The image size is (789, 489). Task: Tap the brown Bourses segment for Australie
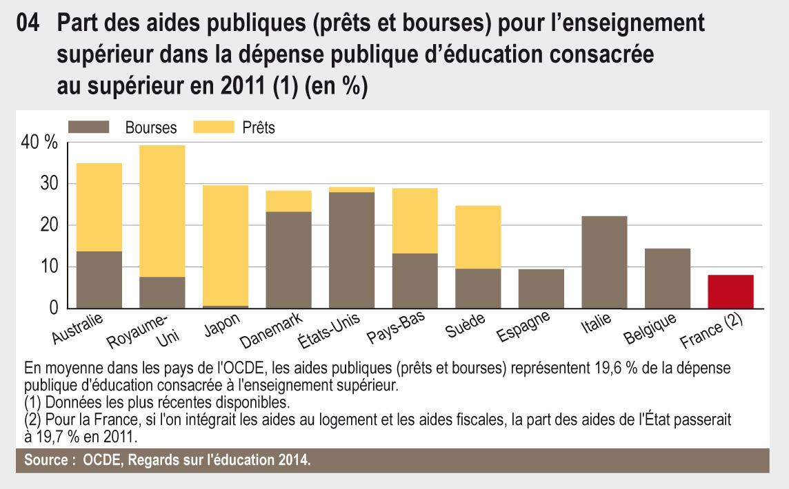pos(99,280)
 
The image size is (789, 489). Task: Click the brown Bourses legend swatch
pos(89,127)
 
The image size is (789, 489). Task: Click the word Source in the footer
pos(46,459)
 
